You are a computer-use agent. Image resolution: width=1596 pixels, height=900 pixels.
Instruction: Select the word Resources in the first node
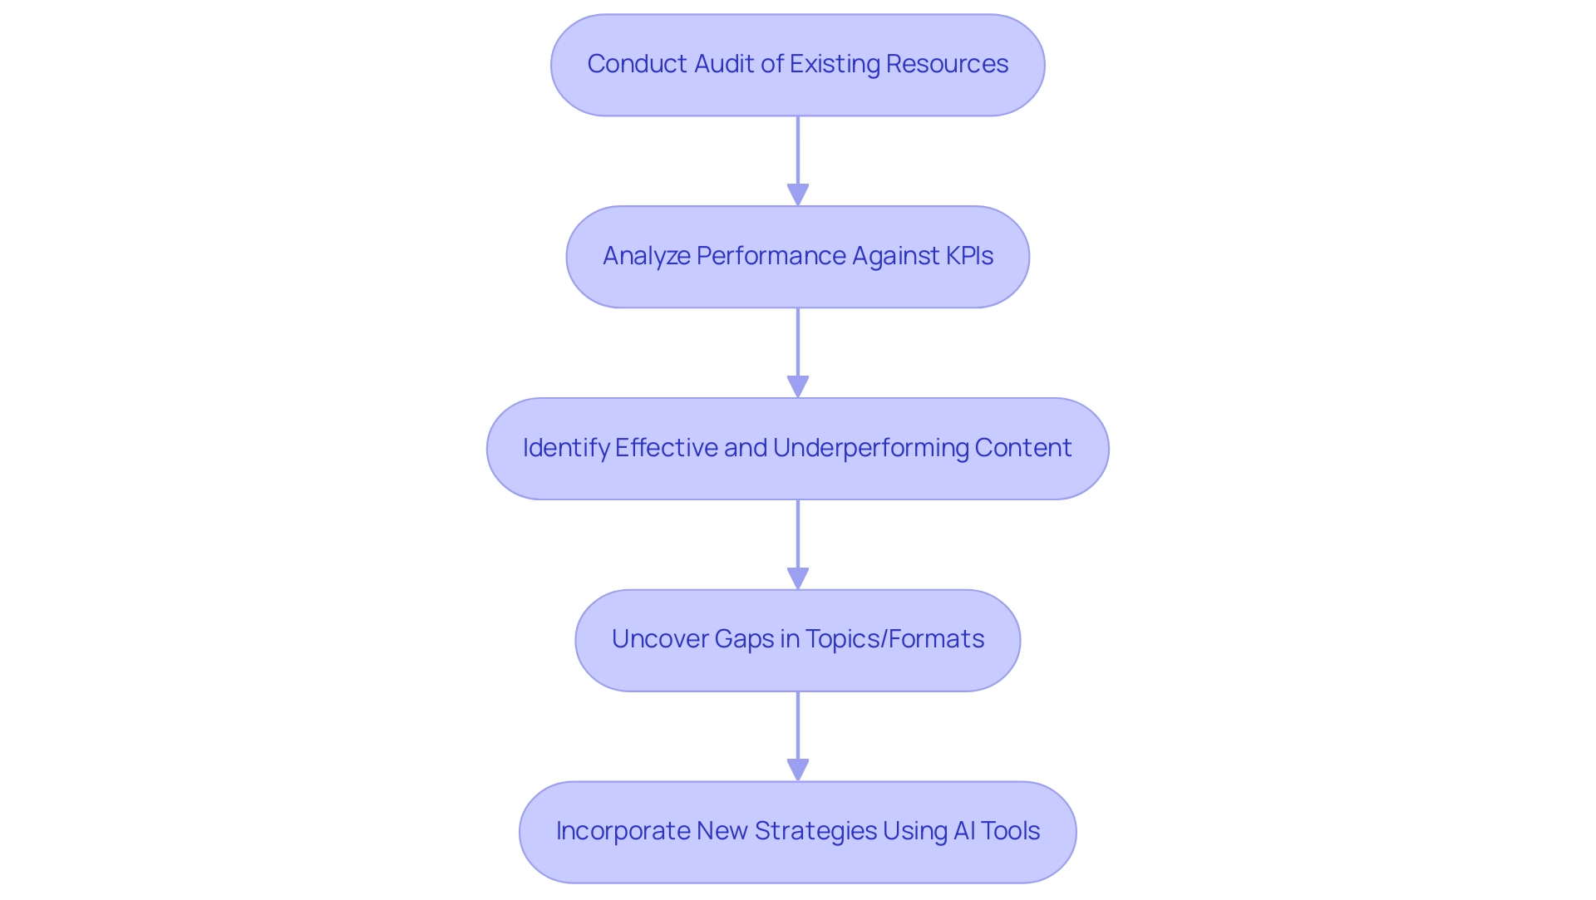(947, 64)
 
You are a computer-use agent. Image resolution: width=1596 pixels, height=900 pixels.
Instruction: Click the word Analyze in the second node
(646, 256)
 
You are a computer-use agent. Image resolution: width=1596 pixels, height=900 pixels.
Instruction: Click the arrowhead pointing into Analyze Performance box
(798, 195)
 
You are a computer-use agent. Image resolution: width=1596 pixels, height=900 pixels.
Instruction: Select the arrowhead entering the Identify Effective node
(798, 387)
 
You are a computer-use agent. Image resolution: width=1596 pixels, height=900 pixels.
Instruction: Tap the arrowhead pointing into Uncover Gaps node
(798, 579)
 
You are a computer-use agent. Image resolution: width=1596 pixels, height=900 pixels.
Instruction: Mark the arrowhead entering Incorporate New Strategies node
(798, 770)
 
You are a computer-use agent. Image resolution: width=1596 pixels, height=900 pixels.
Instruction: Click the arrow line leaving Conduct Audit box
(798, 150)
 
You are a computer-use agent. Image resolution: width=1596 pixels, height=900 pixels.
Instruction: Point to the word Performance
(771, 256)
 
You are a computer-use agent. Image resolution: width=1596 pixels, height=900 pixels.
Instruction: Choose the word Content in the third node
(1023, 448)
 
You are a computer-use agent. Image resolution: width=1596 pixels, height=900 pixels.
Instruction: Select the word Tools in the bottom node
(1010, 831)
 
